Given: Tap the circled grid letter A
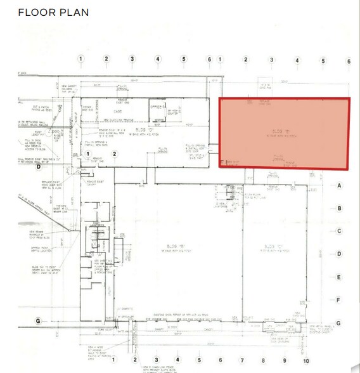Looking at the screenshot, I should point(339,185).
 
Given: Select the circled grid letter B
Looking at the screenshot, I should point(339,208).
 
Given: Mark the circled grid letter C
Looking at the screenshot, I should point(339,231).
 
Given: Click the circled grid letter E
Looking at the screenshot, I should point(339,277).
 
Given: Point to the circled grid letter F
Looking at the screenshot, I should point(339,300).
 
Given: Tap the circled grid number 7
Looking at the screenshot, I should point(241,359).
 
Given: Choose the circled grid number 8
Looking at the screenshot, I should point(263,359).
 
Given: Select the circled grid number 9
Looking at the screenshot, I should point(285,359).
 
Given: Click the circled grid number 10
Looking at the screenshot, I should point(306,359).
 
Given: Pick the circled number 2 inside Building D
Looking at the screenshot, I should point(115,154).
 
